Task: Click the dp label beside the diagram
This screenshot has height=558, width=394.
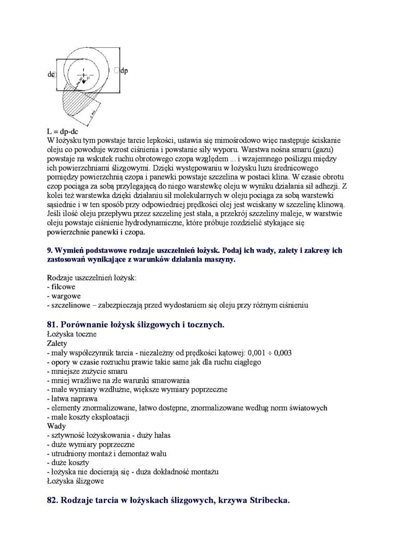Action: pyautogui.click(x=124, y=71)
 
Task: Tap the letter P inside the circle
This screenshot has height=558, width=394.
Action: pyautogui.click(x=88, y=78)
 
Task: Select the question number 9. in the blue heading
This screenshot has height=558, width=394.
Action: pyautogui.click(x=50, y=250)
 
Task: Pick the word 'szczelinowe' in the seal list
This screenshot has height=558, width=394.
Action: pyautogui.click(x=71, y=305)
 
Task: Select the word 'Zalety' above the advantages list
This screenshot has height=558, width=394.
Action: pyautogui.click(x=57, y=344)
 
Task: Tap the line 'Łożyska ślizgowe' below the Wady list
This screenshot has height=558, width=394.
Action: pyautogui.click(x=75, y=481)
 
